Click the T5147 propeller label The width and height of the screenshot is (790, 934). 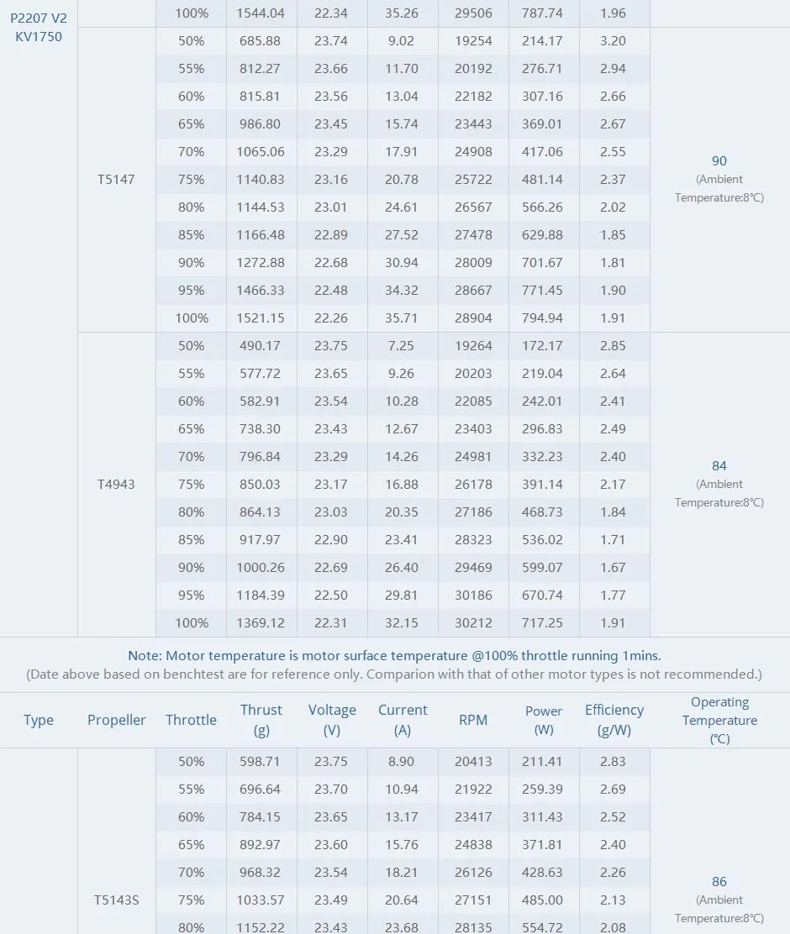[x=116, y=179]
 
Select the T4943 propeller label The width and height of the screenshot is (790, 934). [x=116, y=484]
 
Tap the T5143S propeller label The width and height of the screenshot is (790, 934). [x=116, y=900]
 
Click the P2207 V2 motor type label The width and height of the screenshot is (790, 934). [x=39, y=18]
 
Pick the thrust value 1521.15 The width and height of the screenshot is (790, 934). [x=260, y=318]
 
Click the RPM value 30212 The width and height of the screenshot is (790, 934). [x=473, y=622]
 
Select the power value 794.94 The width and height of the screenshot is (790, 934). [x=542, y=318]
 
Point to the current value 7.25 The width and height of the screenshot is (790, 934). [x=402, y=345]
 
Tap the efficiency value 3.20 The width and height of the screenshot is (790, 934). [x=613, y=40]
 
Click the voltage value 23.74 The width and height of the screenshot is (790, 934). [x=331, y=40]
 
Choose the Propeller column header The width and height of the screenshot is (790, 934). [x=116, y=720]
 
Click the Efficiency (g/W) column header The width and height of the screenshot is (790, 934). [x=614, y=720]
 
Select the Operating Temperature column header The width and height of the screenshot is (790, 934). [x=719, y=720]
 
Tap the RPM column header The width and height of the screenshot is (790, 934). [x=473, y=720]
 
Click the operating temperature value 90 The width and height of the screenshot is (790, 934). [x=719, y=160]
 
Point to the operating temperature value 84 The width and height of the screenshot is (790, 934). [x=719, y=465]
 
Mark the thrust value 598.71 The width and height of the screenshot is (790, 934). [x=260, y=761]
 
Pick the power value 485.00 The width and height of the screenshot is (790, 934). [x=542, y=900]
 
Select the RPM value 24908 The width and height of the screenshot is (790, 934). [x=473, y=152]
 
